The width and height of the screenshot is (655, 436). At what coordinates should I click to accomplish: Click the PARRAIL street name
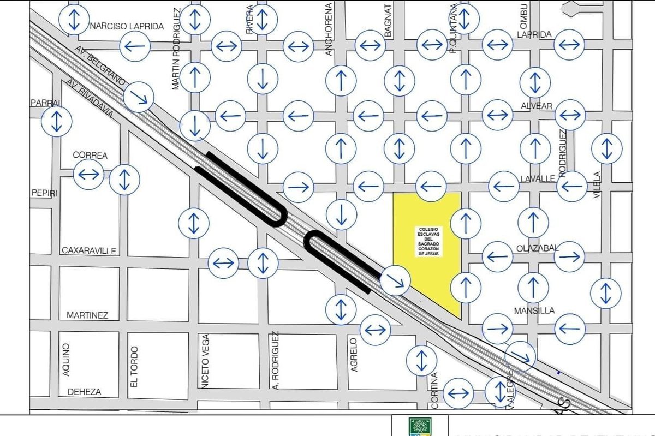tap(46, 103)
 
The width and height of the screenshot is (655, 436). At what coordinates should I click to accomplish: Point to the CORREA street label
tap(90, 156)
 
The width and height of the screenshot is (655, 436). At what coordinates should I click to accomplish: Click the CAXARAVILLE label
tap(89, 250)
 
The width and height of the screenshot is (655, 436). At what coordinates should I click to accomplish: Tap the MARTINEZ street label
tap(87, 315)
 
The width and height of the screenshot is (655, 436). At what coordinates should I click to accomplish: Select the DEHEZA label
tap(84, 392)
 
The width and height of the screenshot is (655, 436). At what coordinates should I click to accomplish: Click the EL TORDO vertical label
tap(135, 367)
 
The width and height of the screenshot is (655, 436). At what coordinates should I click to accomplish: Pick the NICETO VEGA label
tap(206, 361)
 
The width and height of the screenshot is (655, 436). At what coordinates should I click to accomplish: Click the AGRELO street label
tap(354, 355)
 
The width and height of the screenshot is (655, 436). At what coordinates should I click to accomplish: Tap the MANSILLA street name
tap(534, 310)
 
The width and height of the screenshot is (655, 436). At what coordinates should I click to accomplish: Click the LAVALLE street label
tap(538, 178)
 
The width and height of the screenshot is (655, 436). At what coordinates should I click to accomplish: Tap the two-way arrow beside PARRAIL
tap(56, 121)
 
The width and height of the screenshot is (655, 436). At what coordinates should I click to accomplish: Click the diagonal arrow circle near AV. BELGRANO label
tap(139, 97)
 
